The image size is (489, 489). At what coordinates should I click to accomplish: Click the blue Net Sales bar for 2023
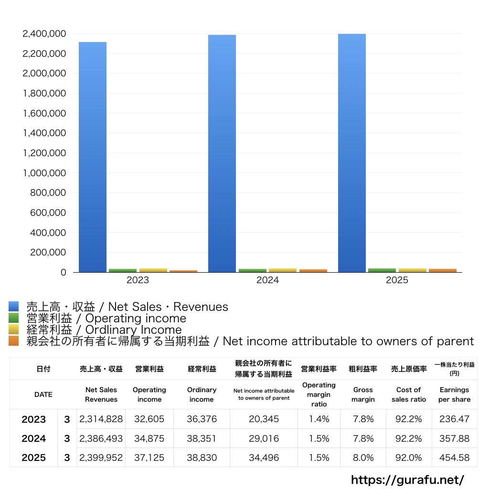(x=93, y=158)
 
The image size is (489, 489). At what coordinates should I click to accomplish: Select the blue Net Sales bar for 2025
(x=352, y=153)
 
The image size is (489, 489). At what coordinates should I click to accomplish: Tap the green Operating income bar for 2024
(x=252, y=270)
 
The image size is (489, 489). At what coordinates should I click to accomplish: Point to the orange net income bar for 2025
(x=442, y=270)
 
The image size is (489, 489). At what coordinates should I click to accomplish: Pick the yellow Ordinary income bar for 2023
(x=153, y=270)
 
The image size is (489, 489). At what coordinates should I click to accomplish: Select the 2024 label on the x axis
(x=267, y=280)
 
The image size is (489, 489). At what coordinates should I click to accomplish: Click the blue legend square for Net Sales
(x=14, y=307)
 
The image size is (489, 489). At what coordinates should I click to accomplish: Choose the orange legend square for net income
(x=14, y=341)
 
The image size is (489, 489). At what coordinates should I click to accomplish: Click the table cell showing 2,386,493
(x=101, y=438)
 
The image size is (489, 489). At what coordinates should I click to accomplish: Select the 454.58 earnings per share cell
(x=454, y=457)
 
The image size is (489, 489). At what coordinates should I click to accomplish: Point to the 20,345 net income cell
(x=264, y=419)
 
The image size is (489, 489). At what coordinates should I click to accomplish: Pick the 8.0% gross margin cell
(x=363, y=457)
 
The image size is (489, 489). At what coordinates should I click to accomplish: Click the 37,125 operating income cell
(x=149, y=457)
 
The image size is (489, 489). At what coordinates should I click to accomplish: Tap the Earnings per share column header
(x=454, y=394)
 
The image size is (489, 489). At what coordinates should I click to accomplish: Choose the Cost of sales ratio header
(x=409, y=394)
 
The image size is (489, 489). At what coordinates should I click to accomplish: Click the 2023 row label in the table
(x=34, y=419)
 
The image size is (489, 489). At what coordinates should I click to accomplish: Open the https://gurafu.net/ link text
(x=407, y=479)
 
